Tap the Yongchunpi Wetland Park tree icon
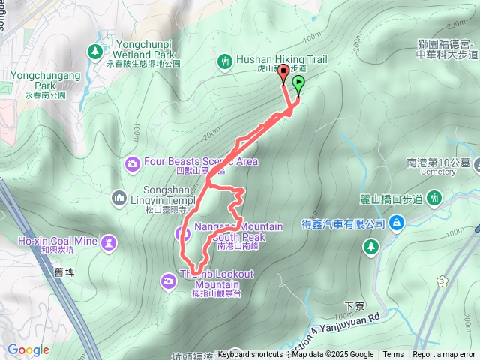tap(95, 51)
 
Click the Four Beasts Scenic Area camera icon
tap(132, 163)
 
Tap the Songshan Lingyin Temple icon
tap(118, 197)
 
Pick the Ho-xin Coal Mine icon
tap(111, 241)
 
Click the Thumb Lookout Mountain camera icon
tap(168, 280)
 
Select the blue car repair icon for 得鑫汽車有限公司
tap(397, 222)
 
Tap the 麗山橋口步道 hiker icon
tap(434, 199)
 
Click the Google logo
tap(28, 349)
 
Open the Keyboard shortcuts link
tap(250, 355)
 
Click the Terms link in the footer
tap(393, 355)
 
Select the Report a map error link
tap(444, 355)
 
